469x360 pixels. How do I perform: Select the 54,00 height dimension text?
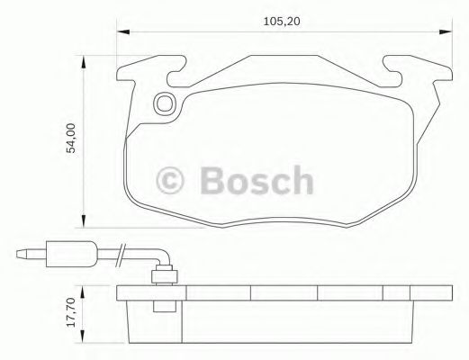[x=68, y=139]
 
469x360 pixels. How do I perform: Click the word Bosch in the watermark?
[x=257, y=180]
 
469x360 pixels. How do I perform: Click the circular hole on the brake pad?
[x=164, y=104]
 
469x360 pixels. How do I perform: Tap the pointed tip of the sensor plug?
[x=21, y=255]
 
